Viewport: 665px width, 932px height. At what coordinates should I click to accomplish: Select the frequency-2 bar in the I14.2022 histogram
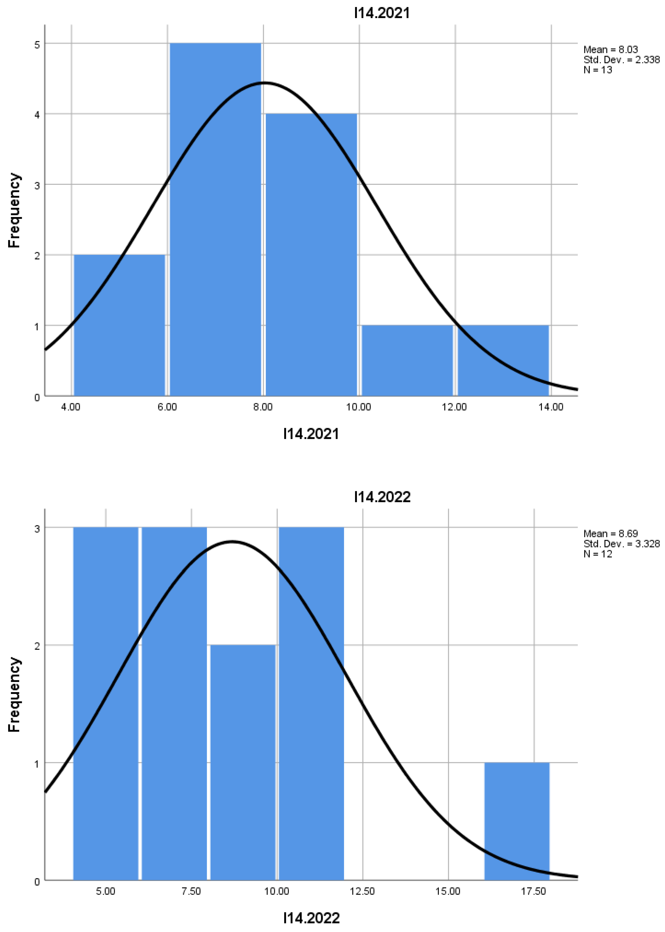[x=243, y=762]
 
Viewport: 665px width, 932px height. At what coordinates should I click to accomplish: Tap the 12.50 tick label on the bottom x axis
[x=362, y=891]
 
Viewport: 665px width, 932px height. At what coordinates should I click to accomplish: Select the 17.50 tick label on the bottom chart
[x=534, y=891]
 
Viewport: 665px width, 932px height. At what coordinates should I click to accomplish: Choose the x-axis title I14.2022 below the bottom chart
[x=311, y=918]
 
